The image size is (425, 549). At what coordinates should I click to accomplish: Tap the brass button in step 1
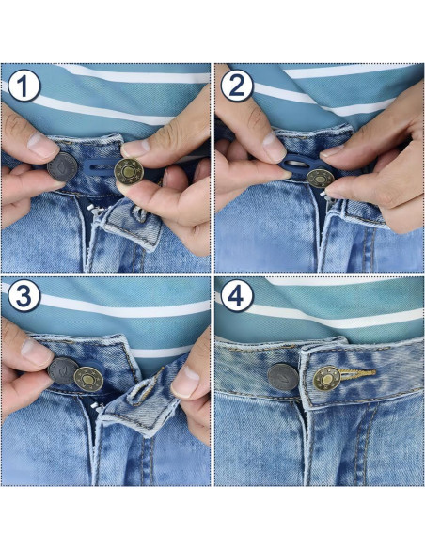tap(128, 171)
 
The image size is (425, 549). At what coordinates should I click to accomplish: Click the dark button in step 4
tap(282, 378)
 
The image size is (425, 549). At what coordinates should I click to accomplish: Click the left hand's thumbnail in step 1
tap(42, 146)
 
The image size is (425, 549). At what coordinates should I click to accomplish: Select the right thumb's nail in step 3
tap(185, 382)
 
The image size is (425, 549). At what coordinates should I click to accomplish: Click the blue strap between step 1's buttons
tap(97, 172)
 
